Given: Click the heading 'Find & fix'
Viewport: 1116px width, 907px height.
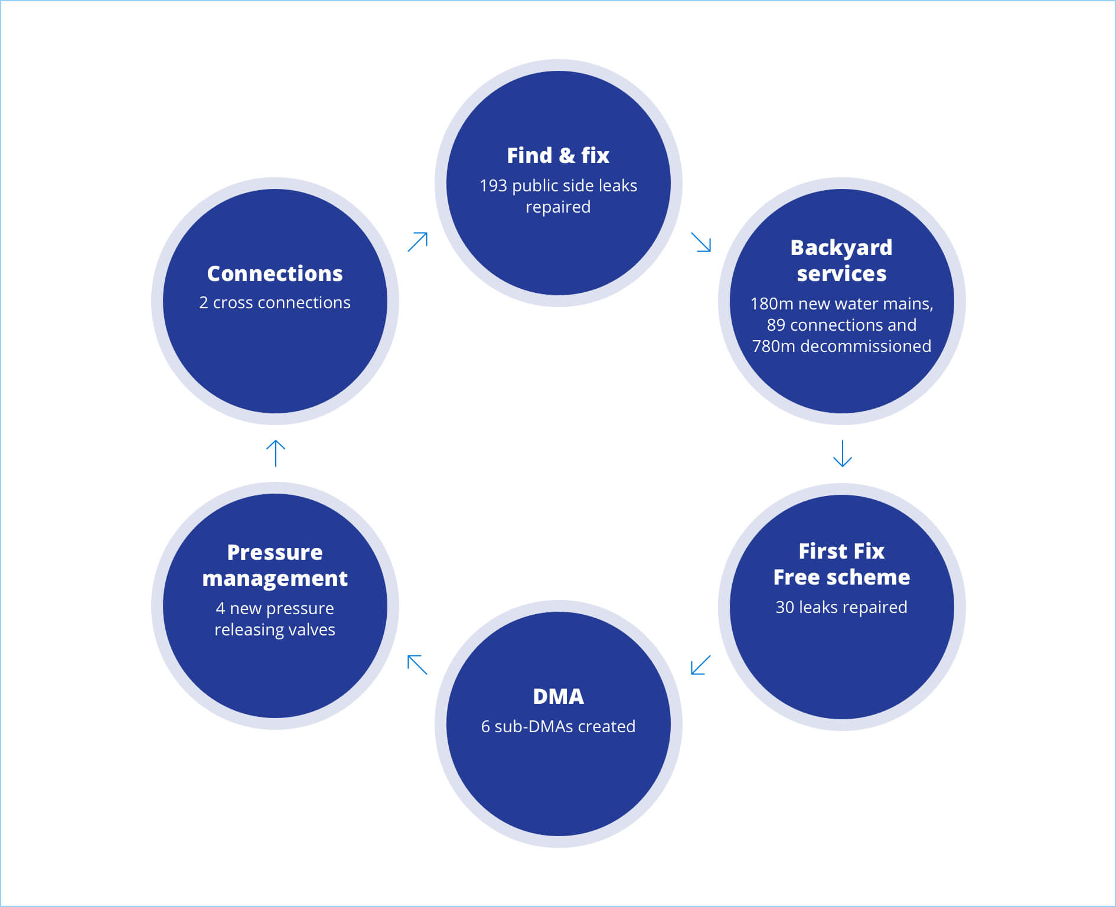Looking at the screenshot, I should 558,156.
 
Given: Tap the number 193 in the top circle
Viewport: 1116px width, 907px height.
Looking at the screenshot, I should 493,186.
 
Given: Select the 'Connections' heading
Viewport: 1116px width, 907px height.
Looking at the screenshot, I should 275,274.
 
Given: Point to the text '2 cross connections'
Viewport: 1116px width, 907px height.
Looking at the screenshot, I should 275,303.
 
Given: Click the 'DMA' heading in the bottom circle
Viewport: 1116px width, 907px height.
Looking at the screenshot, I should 558,697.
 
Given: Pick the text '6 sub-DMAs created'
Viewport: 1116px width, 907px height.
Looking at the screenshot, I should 558,727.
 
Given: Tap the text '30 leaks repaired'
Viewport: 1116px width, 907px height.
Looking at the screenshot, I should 841,608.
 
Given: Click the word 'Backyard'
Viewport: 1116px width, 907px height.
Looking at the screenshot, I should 841,248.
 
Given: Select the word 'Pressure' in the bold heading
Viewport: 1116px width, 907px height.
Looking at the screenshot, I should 275,553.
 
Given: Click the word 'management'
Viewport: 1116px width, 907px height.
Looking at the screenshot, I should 275,579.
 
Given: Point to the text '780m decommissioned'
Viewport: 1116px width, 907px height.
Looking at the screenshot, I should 841,347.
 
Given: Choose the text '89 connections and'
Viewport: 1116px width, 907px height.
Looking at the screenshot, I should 841,325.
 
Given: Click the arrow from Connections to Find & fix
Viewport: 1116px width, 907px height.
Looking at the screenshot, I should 417,242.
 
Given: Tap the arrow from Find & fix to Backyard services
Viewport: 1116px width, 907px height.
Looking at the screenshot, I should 701,242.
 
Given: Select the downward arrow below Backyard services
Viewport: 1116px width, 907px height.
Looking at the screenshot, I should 842,453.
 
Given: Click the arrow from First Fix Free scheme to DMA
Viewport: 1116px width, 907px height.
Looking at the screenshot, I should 700,665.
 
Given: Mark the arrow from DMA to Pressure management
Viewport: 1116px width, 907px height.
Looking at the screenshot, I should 417,665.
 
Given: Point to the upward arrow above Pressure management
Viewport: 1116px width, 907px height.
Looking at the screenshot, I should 276,453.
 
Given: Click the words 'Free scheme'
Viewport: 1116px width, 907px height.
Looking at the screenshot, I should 841,578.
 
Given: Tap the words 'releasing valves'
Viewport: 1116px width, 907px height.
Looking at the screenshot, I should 275,630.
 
